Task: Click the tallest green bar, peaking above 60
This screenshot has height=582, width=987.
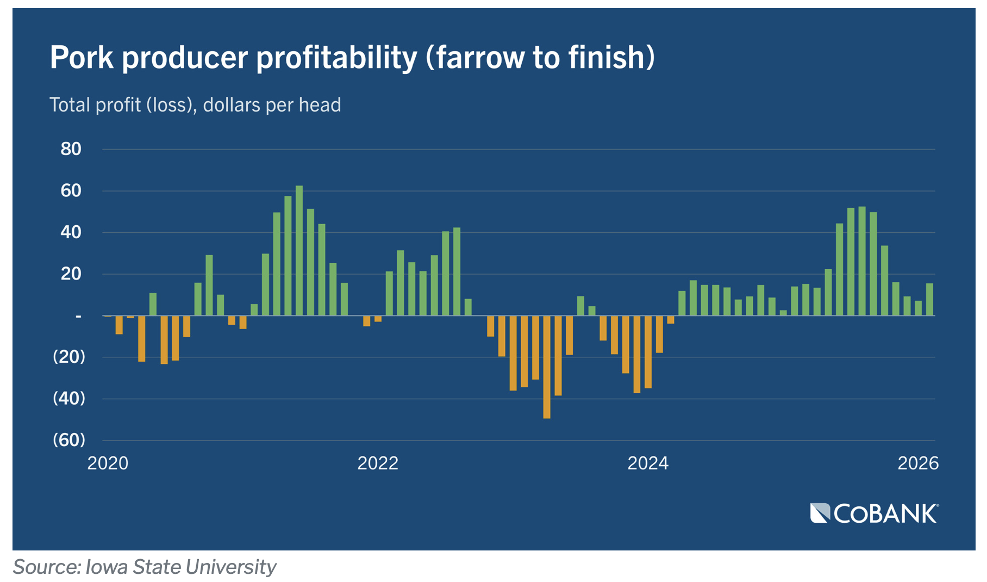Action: click(299, 250)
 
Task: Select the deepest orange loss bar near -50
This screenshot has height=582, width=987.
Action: click(547, 367)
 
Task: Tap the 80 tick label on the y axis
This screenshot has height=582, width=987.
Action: click(71, 148)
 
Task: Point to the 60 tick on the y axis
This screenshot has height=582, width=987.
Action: click(71, 190)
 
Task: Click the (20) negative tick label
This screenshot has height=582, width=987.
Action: click(69, 357)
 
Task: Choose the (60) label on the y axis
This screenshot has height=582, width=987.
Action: click(69, 439)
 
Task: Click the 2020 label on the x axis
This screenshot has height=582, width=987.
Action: click(108, 463)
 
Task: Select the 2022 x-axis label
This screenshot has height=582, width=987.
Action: click(378, 463)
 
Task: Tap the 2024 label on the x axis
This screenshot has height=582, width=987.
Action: click(648, 463)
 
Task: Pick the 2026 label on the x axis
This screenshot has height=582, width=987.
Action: click(918, 463)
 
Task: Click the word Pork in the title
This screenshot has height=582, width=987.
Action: click(82, 57)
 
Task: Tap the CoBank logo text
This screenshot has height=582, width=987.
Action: click(886, 514)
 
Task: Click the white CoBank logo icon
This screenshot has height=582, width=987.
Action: click(820, 513)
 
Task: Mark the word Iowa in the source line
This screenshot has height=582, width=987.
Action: click(107, 567)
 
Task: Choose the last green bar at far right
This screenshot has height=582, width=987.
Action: click(930, 299)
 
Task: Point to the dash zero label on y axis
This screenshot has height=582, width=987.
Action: click(78, 315)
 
